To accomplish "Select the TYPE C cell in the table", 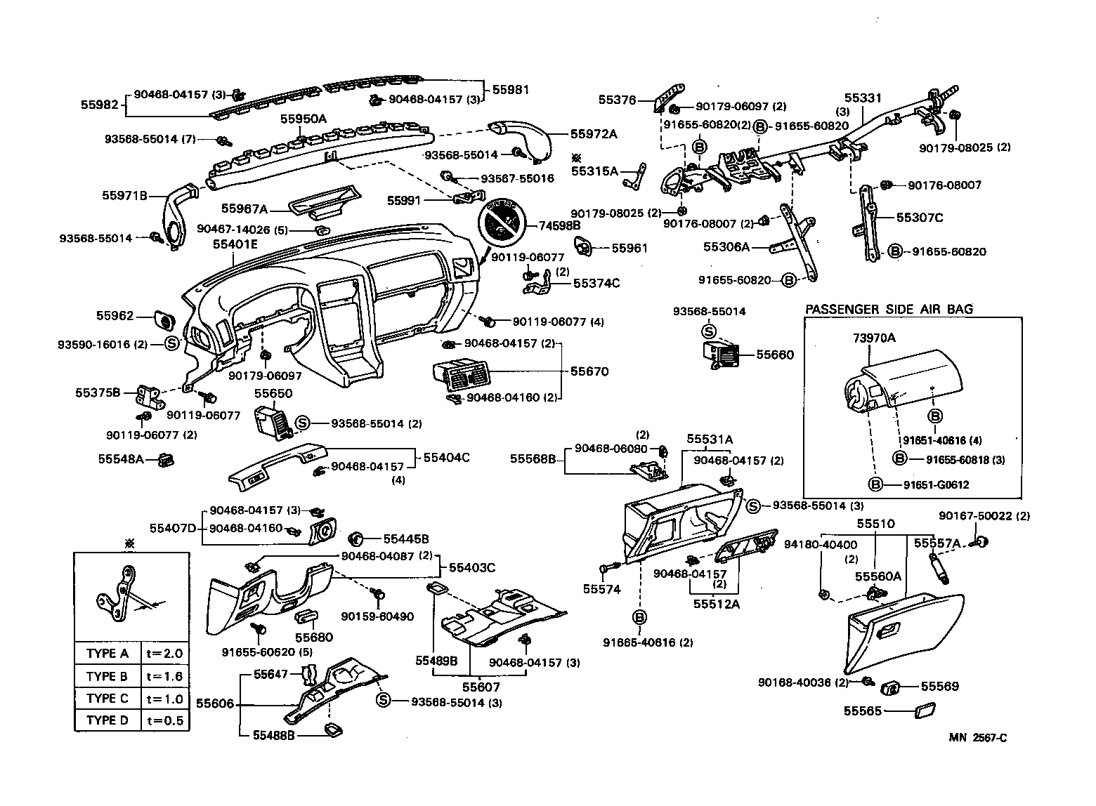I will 107,699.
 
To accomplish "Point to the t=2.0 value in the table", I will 165,654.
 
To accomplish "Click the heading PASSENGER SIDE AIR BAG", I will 889,310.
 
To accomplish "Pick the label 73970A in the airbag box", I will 874,338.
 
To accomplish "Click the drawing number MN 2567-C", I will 978,737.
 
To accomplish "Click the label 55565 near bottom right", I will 862,711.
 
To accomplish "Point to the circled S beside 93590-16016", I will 172,344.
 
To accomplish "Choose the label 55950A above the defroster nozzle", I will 304,119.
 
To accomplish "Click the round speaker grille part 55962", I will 164,320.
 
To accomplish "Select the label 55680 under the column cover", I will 313,637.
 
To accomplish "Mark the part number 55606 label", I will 215,703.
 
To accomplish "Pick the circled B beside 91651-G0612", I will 875,484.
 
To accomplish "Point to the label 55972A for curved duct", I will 594,133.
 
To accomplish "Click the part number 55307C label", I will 920,218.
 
